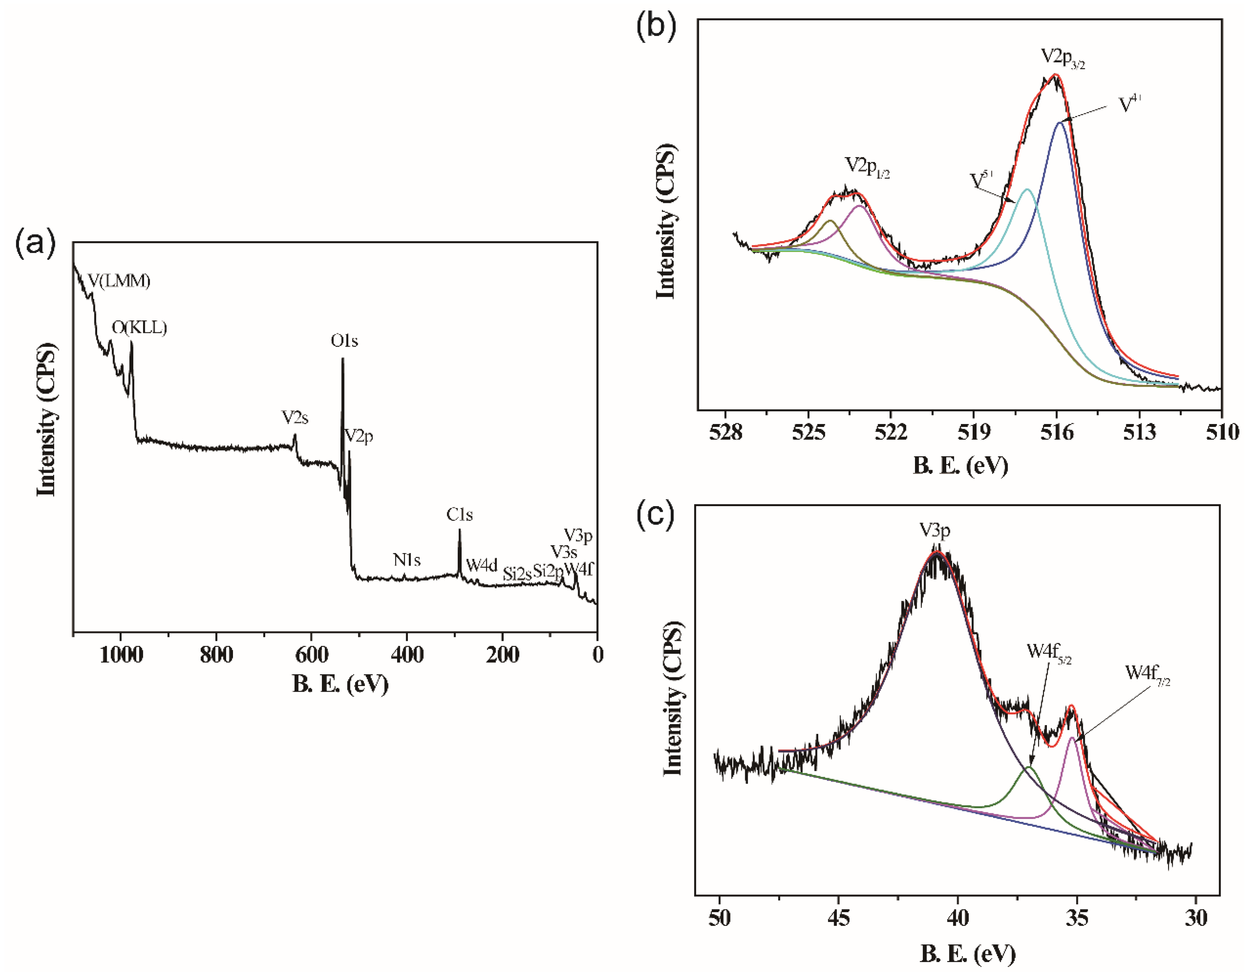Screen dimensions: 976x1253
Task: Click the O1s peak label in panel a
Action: click(x=344, y=341)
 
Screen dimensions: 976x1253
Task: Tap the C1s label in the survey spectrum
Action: click(x=459, y=515)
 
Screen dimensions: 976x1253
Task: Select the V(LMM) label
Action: click(x=119, y=281)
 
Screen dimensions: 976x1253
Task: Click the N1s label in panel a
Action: click(x=407, y=560)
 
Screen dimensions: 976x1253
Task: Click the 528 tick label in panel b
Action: click(x=725, y=433)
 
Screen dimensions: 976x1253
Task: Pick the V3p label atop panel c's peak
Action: click(x=935, y=531)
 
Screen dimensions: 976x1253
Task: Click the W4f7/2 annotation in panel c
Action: click(x=1147, y=673)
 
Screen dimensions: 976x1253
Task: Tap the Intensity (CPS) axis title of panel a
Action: click(x=47, y=420)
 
